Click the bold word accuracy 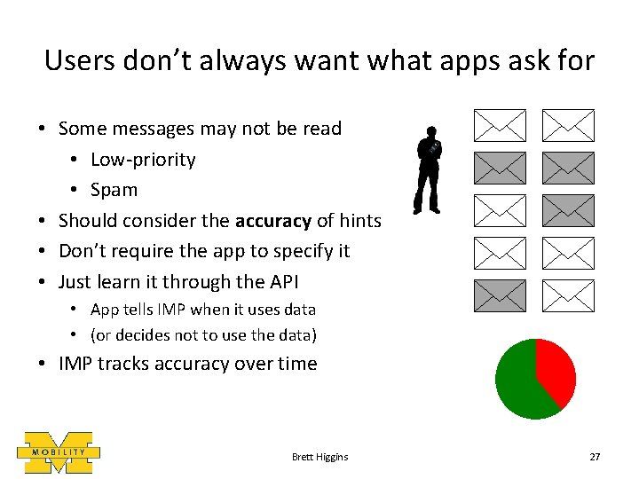coord(272,221)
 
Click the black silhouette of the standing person coord(429,169)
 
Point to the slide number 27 coord(595,457)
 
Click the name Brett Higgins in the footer coord(319,457)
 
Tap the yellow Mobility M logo coord(59,452)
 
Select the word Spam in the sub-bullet coord(114,190)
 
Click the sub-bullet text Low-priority coord(143,160)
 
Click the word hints coord(360,221)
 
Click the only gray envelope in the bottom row coord(500,295)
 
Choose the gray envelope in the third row coord(568,210)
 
